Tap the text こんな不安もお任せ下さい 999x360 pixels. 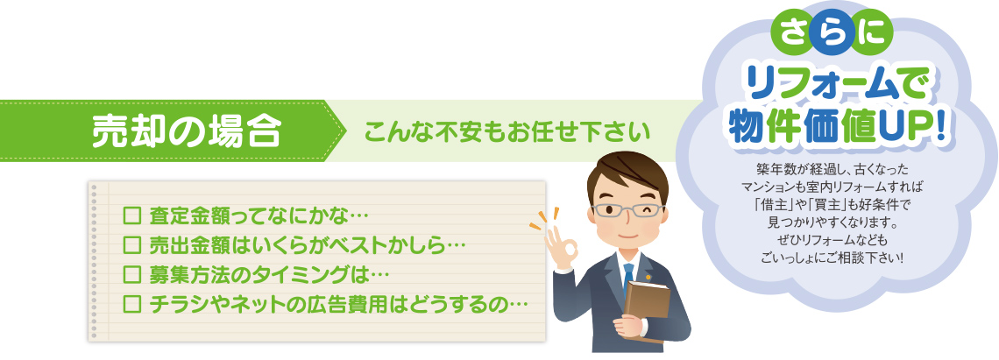[x=507, y=131]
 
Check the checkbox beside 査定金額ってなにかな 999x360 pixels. [x=131, y=215]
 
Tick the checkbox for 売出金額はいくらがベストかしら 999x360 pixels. [x=131, y=244]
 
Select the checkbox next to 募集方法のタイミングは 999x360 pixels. [x=131, y=274]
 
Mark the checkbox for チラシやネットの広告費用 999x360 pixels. [x=131, y=303]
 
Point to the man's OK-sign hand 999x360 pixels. [x=561, y=251]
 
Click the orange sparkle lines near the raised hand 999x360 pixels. [x=542, y=219]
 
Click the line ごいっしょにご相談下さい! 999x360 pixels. [x=832, y=258]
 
